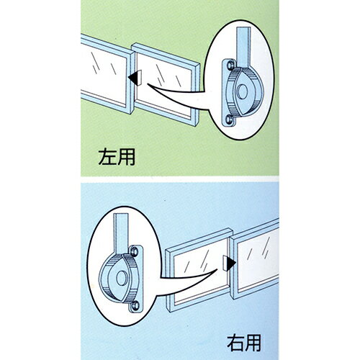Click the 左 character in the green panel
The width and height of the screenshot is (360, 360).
107,157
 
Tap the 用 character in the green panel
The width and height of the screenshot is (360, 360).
126,157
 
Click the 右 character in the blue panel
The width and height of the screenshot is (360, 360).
235,343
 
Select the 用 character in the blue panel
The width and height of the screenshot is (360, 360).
253,343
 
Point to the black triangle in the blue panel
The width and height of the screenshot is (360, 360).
231,264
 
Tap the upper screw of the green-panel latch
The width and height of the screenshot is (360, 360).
230,65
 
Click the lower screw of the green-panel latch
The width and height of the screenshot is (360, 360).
229,119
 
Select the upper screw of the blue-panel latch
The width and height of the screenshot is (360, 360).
135,251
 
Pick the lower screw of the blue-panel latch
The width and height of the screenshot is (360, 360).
135,305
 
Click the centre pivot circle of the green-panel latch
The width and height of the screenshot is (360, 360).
242,91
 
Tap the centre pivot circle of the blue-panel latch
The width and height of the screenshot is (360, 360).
122,278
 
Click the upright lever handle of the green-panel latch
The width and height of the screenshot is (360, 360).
244,47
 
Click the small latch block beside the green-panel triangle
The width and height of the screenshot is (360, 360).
139,78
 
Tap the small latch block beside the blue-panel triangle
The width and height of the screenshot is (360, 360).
225,264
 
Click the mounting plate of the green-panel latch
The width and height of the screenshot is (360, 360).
229,93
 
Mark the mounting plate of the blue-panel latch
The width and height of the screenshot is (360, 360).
136,279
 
